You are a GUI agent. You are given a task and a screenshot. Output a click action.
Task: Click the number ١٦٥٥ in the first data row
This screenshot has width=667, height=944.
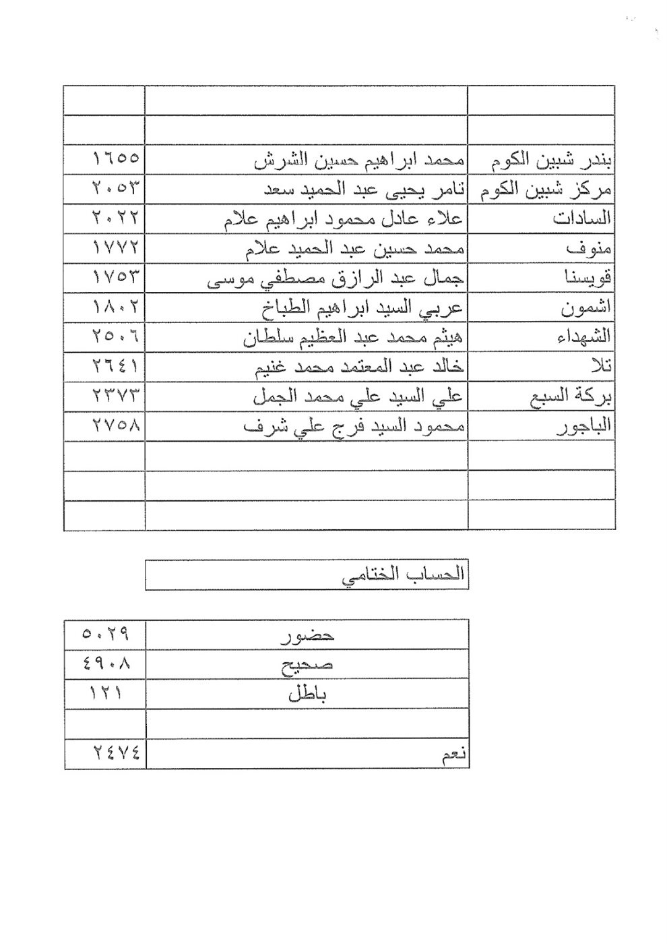click(x=115, y=160)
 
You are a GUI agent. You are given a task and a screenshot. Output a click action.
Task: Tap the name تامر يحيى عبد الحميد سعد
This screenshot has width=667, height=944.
click(x=359, y=189)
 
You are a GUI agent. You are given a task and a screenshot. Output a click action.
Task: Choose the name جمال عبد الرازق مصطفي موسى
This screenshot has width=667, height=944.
click(x=335, y=278)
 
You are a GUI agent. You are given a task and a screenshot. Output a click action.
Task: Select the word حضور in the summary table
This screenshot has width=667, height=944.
click(x=307, y=635)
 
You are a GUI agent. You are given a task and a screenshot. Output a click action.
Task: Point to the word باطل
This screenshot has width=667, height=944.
click(x=307, y=694)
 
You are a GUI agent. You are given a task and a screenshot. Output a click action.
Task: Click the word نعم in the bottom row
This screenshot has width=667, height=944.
click(x=452, y=755)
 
